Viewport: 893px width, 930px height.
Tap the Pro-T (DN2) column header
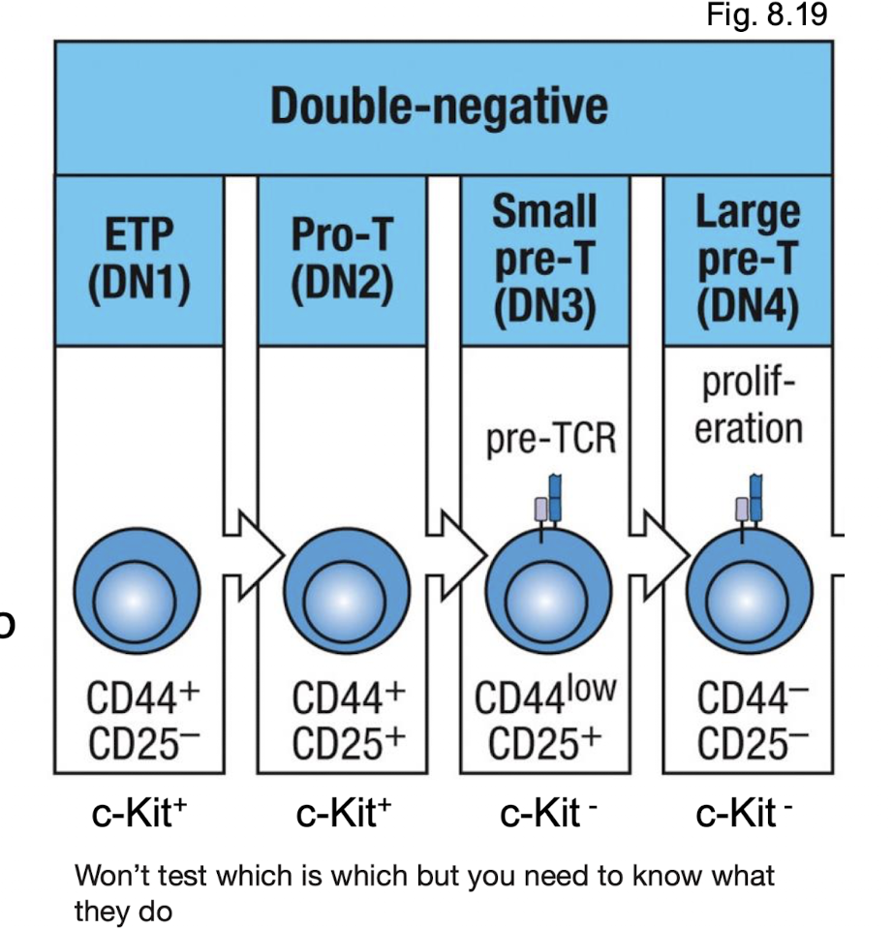342,261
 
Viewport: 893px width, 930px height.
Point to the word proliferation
749,408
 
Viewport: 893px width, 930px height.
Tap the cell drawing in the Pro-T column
342,590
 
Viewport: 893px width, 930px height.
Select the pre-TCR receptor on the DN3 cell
549,501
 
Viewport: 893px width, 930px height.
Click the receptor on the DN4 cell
750,501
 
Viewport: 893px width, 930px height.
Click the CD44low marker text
545,697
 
